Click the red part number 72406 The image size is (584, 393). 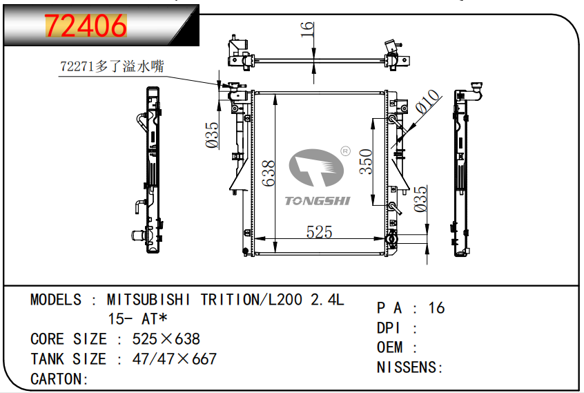tap(86, 26)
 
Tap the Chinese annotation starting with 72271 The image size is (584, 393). tap(112, 66)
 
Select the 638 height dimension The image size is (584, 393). tap(268, 173)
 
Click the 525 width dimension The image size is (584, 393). tap(319, 232)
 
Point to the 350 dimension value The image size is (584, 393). tap(366, 162)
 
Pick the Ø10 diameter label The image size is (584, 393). tap(427, 102)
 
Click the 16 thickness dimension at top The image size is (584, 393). tap(307, 30)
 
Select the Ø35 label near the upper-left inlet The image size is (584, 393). tap(213, 135)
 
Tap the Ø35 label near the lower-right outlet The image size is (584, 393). tap(420, 199)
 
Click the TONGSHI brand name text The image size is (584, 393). tap(318, 201)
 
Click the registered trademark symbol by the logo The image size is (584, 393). tap(346, 151)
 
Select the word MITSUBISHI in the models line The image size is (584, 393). tap(148, 300)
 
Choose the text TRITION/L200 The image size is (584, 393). tap(251, 300)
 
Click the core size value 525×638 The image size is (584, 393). tap(166, 339)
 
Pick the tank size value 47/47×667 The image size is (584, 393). tap(175, 359)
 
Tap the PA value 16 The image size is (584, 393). tap(436, 308)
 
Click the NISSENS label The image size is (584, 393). tap(409, 367)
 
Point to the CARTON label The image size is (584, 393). tap(59, 379)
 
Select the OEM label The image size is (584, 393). tap(389, 347)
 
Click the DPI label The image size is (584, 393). tap(389, 328)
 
